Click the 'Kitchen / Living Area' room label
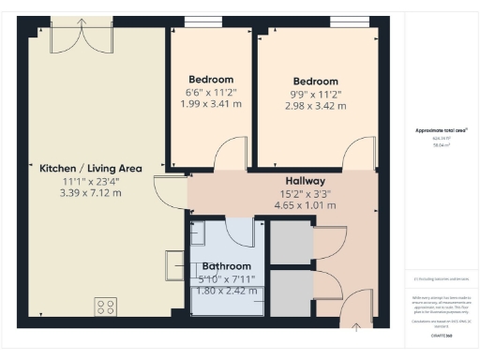click(x=90, y=169)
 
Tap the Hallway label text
click(x=305, y=181)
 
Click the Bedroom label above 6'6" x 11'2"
click(x=211, y=80)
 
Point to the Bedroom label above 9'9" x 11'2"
click(x=315, y=81)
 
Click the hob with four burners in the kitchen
click(x=106, y=307)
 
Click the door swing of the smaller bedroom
click(x=230, y=156)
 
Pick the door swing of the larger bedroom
click(x=358, y=156)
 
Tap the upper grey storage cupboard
click(x=291, y=242)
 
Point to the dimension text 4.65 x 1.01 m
click(x=305, y=204)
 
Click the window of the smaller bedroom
click(x=196, y=22)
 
